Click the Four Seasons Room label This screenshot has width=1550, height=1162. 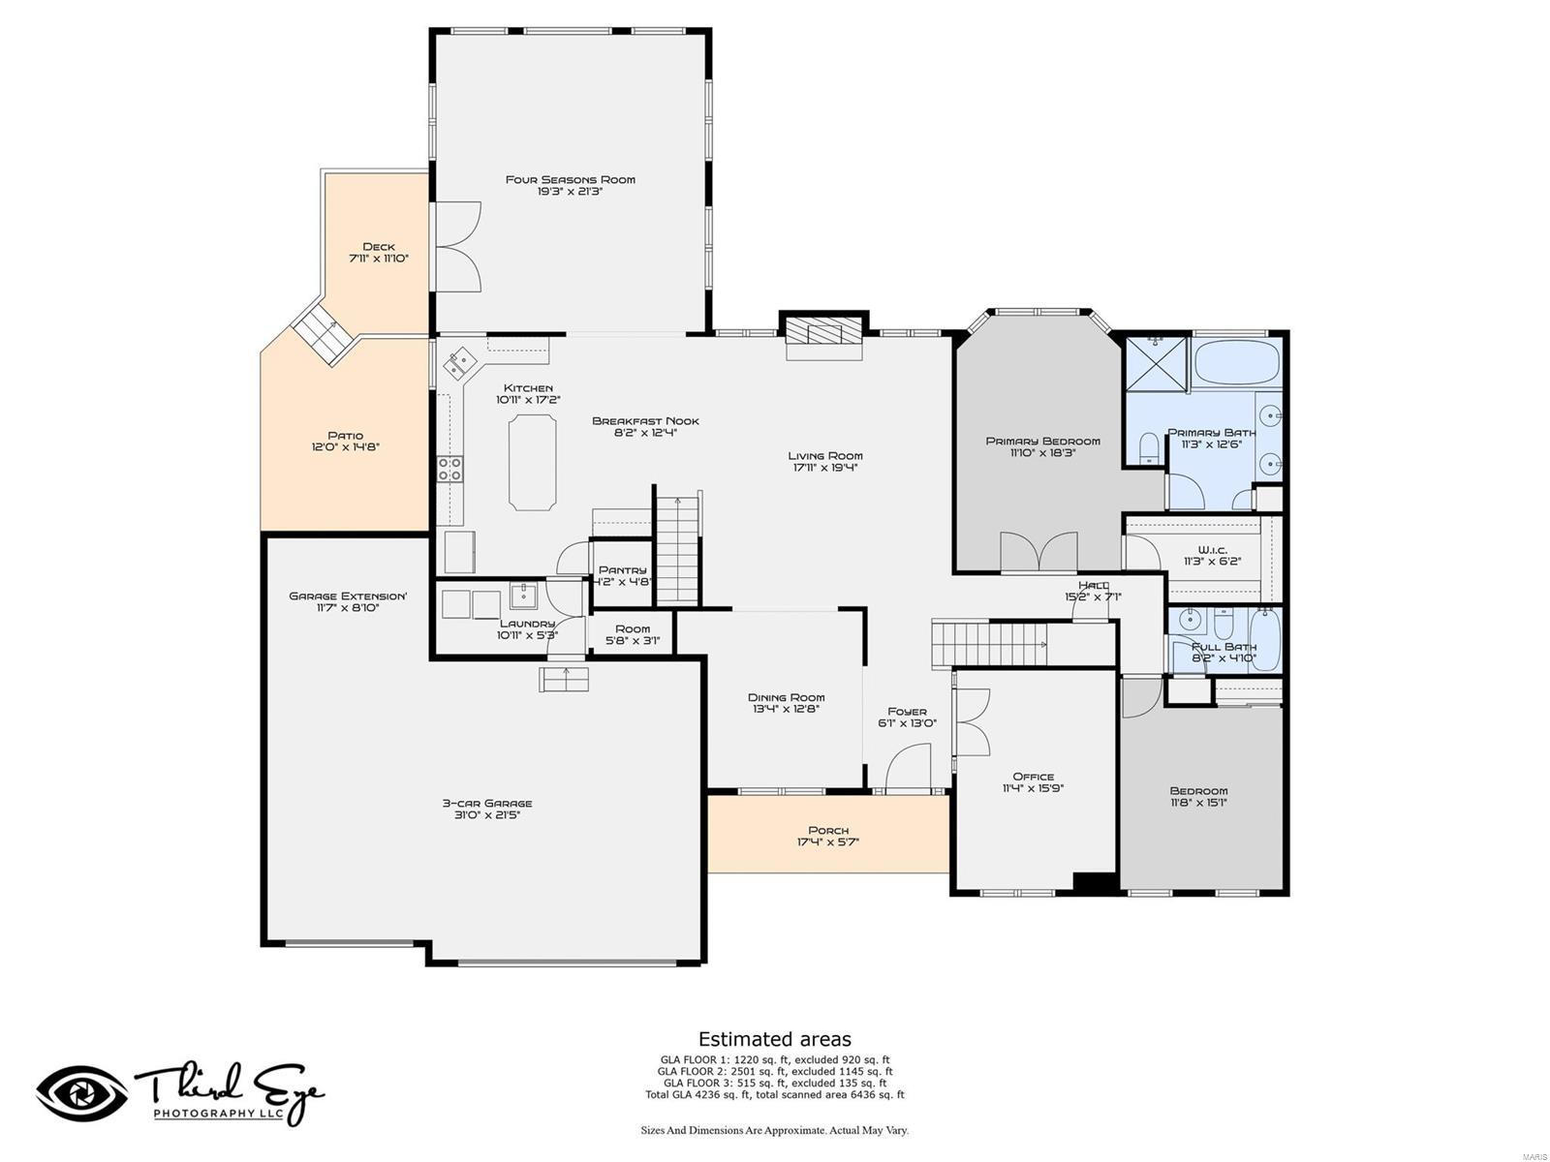pos(570,179)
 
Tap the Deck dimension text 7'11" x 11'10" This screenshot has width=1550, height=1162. pos(378,260)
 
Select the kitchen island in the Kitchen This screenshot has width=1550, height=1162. pos(533,462)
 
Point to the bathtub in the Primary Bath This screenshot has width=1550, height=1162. pos(1237,363)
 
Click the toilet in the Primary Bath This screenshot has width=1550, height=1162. pos(1150,450)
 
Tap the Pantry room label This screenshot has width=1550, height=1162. pos(622,570)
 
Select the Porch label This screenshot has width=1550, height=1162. pos(828,830)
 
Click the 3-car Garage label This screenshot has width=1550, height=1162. pos(487,803)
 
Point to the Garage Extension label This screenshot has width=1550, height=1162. pos(348,596)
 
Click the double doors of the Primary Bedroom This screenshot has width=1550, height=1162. pos(1038,552)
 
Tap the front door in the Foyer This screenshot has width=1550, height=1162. pos(910,768)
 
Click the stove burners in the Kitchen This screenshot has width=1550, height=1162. pos(450,470)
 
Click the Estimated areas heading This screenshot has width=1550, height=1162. pos(774,1040)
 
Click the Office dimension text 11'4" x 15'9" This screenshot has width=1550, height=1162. pos(1033,788)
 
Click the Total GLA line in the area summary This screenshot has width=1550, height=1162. pos(774,1095)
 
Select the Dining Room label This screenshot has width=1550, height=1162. pos(786,697)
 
